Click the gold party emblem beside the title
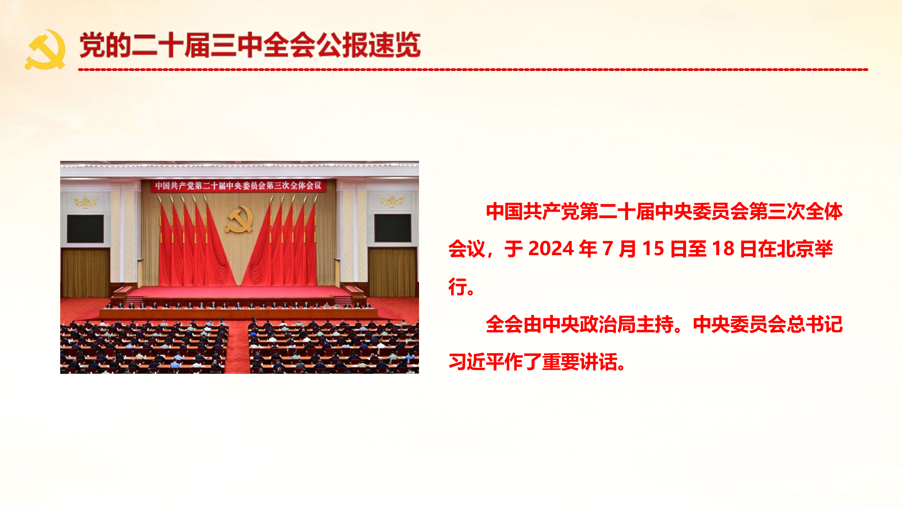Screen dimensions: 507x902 (x=45, y=49)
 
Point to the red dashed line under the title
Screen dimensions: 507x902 (x=473, y=70)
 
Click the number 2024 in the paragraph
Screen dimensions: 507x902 (x=551, y=249)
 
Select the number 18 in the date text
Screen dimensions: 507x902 (x=723, y=249)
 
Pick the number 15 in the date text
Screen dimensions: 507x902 (x=653, y=249)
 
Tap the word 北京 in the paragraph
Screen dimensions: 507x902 (x=794, y=249)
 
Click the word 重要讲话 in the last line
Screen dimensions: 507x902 (x=579, y=362)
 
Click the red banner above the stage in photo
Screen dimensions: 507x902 (x=238, y=186)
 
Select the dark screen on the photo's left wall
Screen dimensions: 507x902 (x=85, y=228)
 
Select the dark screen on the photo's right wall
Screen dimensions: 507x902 (x=393, y=228)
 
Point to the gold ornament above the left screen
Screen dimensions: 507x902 (x=85, y=202)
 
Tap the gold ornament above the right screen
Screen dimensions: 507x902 (x=392, y=200)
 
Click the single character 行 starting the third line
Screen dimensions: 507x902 (x=457, y=287)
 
